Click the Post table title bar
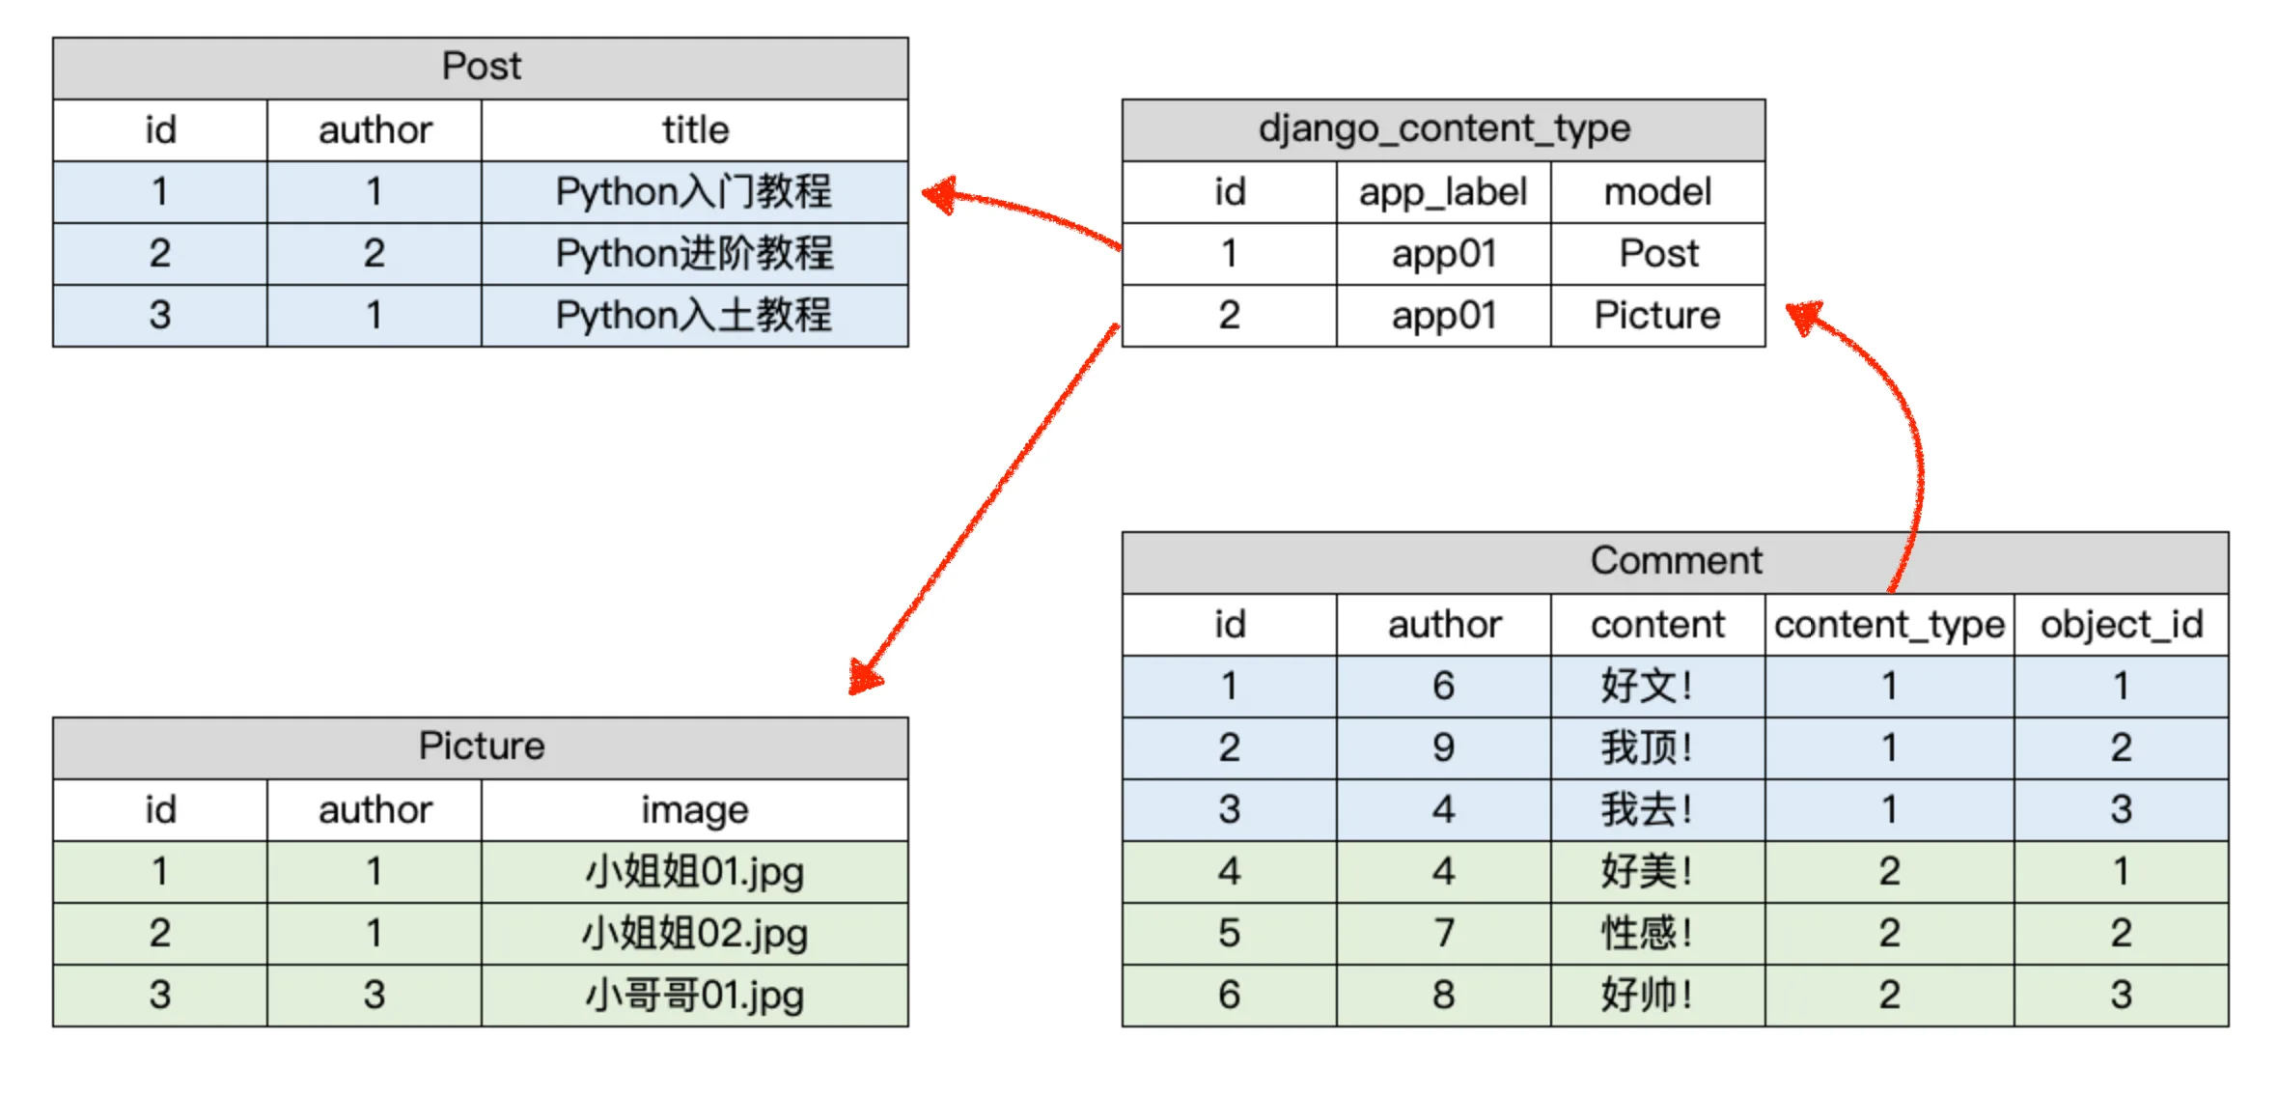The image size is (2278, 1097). coord(481,68)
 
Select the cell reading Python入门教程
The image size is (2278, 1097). coord(694,191)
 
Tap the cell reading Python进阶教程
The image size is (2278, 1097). coord(694,253)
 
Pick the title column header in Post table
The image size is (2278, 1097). coord(694,130)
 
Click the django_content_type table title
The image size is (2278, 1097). coord(1443,129)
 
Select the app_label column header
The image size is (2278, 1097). coord(1443,192)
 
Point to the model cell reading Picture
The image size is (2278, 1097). coord(1657,316)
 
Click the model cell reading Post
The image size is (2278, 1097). coord(1657,254)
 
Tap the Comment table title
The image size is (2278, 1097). coord(1675,561)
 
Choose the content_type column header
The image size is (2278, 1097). coord(1889,625)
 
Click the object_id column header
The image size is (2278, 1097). coord(2121,625)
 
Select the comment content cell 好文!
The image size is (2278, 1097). coord(1647,686)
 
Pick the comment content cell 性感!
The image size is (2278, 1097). coord(1647,933)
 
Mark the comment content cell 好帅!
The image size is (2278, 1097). coord(1647,995)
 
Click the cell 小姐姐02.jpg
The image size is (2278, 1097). coord(694,933)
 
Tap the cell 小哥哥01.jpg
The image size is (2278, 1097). coord(694,995)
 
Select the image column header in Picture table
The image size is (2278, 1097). coord(694,810)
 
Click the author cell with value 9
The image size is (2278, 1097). coord(1443,747)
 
